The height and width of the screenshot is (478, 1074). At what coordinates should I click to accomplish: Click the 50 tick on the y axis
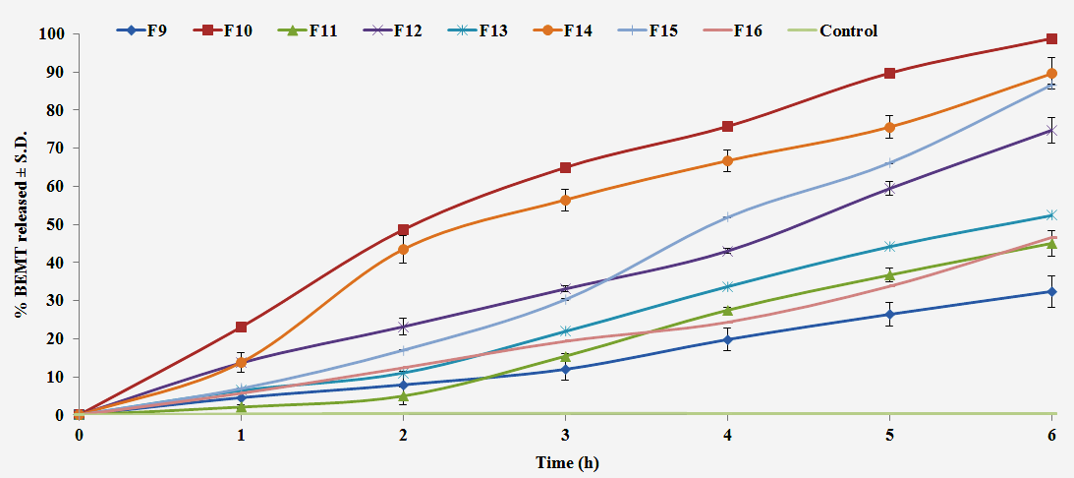[x=55, y=225]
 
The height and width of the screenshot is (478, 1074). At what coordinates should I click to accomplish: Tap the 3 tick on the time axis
[x=565, y=435]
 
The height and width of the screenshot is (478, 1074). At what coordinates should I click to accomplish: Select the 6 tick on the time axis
[x=1052, y=435]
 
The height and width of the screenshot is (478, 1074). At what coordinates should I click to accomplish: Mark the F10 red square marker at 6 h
[x=1051, y=39]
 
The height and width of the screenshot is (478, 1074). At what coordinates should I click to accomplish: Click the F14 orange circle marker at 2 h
[x=403, y=249]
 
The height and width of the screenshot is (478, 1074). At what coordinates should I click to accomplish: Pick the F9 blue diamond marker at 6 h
[x=1051, y=291]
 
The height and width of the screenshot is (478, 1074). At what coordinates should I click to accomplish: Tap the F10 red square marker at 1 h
[x=241, y=327]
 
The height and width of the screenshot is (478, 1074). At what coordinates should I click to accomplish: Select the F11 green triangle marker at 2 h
[x=403, y=395]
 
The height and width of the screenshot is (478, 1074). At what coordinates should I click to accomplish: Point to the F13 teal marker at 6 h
[x=1051, y=215]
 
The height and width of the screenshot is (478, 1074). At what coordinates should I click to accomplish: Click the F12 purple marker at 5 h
[x=889, y=188]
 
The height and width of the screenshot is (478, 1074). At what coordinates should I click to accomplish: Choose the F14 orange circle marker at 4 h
[x=727, y=160]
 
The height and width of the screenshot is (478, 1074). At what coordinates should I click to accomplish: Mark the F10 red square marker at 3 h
[x=565, y=167]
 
